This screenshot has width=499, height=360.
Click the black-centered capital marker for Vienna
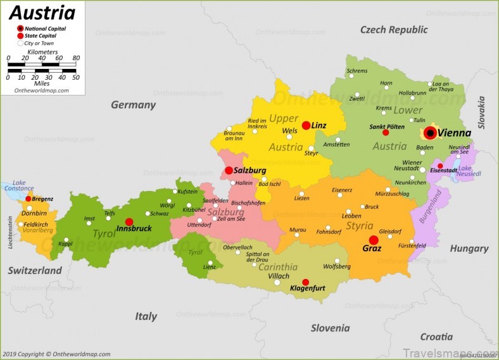point(430,133)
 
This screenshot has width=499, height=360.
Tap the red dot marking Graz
point(374,240)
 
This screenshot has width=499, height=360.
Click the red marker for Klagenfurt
point(306,282)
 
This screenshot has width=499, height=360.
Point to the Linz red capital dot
point(306,125)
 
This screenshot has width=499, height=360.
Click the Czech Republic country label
point(394,30)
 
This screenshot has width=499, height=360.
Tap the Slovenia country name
point(330,328)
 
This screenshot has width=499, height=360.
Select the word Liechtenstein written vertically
point(10,232)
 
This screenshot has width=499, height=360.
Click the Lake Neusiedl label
point(469,171)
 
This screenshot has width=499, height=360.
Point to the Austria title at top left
point(42,12)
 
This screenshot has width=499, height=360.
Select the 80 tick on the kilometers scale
point(76,58)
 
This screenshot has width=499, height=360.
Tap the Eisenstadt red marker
point(441,166)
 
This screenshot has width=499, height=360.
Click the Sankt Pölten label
point(387,127)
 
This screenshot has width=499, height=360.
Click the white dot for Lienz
point(210,263)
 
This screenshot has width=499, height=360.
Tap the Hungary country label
point(469,249)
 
